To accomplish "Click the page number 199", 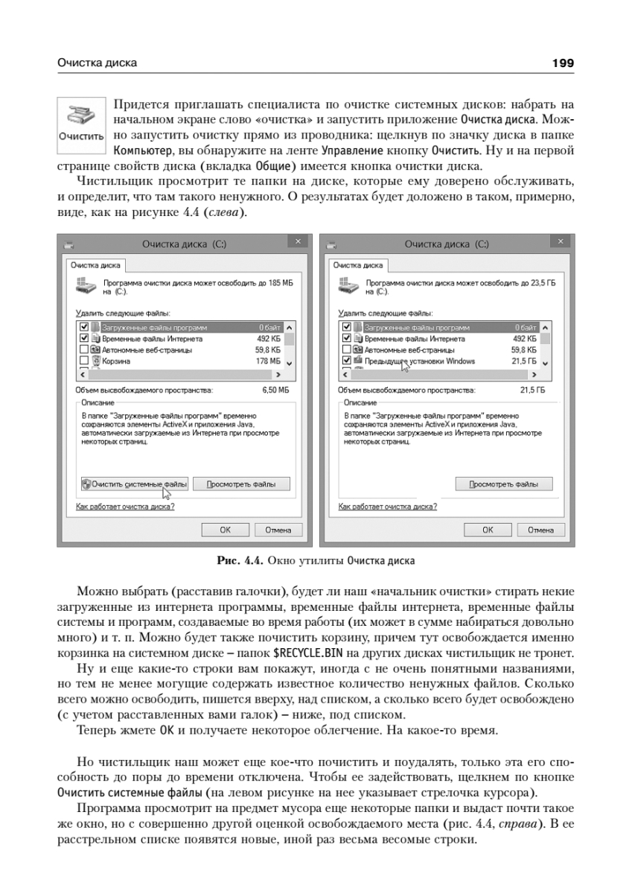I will click(x=563, y=63).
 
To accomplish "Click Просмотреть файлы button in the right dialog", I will click(x=503, y=484).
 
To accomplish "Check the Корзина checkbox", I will click(x=84, y=361).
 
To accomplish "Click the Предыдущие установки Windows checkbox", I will click(x=346, y=361).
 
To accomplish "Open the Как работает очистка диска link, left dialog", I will click(x=126, y=507).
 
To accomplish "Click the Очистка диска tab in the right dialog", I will click(x=358, y=264).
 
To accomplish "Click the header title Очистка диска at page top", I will click(x=98, y=63).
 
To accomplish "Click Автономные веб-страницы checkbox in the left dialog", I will click(x=84, y=349).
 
